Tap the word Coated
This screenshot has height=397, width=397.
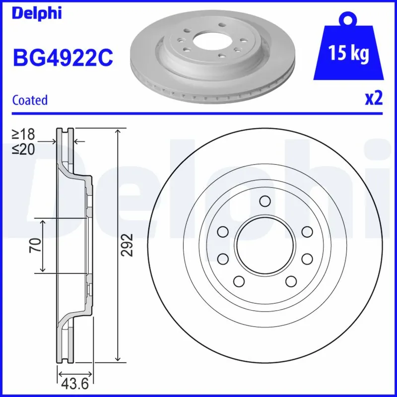pyautogui.click(x=30, y=100)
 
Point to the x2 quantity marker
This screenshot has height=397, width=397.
pyautogui.click(x=374, y=99)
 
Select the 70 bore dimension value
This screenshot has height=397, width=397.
pyautogui.click(x=35, y=245)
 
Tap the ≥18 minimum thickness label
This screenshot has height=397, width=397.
pyautogui.click(x=24, y=133)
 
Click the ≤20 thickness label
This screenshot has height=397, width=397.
pyautogui.click(x=24, y=148)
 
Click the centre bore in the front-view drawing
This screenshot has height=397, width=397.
pyautogui.click(x=265, y=245)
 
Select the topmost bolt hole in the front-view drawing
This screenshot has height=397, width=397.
pyautogui.click(x=265, y=201)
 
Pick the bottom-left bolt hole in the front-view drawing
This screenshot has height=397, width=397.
pyautogui.click(x=239, y=281)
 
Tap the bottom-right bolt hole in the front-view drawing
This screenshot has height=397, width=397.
pyautogui.click(x=290, y=281)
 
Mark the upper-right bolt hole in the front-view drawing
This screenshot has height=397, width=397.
pyautogui.click(x=307, y=232)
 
